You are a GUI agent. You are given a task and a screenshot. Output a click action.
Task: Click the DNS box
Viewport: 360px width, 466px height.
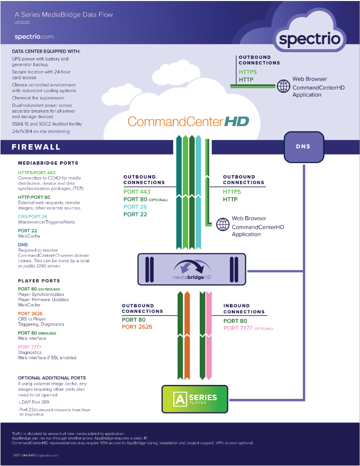304,147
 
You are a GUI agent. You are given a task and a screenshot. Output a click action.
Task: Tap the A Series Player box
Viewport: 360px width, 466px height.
195,399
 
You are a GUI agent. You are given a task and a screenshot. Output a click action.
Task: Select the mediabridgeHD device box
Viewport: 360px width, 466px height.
192,269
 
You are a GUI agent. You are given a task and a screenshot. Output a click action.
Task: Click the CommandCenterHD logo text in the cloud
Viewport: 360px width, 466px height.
188,122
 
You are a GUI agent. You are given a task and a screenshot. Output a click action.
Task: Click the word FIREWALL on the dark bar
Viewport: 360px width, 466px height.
36,147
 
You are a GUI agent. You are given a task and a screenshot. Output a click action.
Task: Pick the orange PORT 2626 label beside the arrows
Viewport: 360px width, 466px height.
137,327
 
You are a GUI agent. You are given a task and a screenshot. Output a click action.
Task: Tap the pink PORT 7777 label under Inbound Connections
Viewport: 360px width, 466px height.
238,328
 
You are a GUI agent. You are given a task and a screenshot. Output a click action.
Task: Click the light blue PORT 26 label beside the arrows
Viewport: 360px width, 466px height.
135,207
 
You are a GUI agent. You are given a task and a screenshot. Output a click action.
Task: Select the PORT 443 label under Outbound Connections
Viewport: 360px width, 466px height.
137,192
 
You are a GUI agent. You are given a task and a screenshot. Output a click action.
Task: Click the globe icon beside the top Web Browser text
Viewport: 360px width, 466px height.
283,86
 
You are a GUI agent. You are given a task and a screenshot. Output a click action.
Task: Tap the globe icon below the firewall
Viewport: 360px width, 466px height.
223,224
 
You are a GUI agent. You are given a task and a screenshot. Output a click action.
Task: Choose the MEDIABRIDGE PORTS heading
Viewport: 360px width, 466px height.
48,163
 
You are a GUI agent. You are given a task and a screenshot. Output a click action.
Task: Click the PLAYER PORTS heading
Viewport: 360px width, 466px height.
39,281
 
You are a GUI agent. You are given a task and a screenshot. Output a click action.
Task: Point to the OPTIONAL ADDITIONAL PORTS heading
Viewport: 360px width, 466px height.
52,378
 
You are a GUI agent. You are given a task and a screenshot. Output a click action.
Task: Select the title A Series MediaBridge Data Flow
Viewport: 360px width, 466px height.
64,15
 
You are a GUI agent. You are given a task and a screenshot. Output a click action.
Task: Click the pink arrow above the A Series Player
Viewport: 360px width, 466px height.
209,335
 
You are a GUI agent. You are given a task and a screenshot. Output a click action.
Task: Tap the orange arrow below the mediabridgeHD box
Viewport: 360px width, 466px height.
187,335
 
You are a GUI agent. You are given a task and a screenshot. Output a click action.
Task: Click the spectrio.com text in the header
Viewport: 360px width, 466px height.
34,37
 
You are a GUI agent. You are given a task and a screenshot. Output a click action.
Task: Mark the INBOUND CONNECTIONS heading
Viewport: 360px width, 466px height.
244,309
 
